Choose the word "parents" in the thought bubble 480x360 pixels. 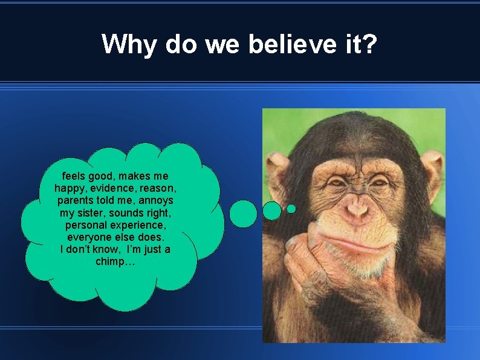click(x=77, y=200)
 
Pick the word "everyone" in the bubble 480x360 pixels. click(x=88, y=237)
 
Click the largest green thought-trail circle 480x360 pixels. click(x=244, y=214)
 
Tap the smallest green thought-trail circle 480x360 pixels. click(x=291, y=209)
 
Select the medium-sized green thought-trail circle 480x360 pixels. click(x=272, y=211)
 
